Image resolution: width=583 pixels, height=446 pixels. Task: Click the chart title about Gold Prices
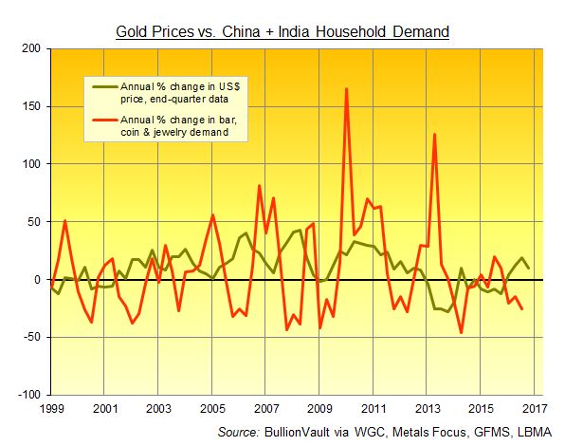pyautogui.click(x=282, y=32)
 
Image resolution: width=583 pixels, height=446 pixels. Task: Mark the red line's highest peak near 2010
pyautogui.click(x=346, y=89)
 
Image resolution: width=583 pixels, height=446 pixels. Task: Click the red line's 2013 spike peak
pyautogui.click(x=434, y=134)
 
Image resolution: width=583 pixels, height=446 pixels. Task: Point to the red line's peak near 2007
pyautogui.click(x=260, y=186)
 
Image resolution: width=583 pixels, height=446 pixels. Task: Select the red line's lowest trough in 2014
pyautogui.click(x=462, y=332)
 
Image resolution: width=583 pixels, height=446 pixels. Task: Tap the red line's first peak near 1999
pyautogui.click(x=64, y=221)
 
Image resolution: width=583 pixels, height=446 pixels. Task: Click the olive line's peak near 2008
pyautogui.click(x=300, y=230)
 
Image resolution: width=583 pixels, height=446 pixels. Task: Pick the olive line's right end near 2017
pyautogui.click(x=529, y=268)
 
